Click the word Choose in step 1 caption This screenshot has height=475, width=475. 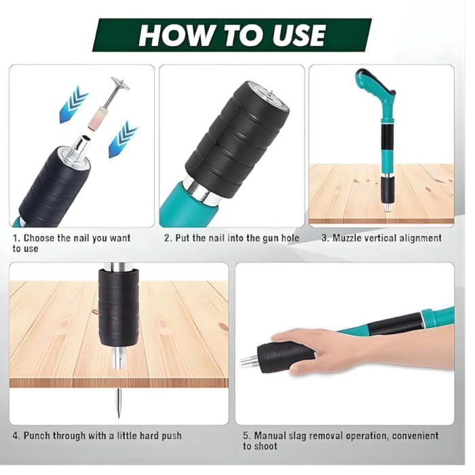tap(41, 238)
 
